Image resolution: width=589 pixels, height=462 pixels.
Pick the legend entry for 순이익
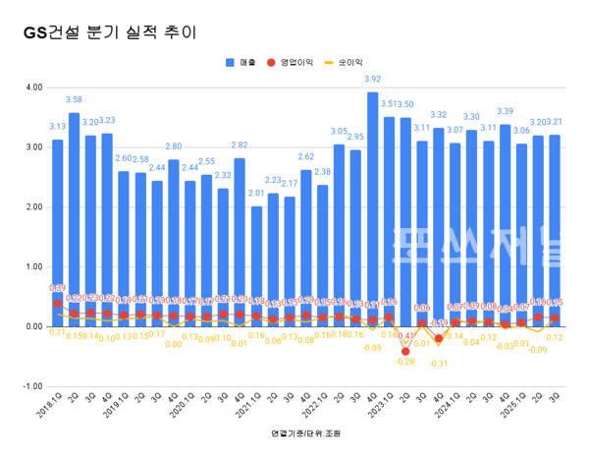(349, 62)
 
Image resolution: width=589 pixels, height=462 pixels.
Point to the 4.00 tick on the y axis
(32, 87)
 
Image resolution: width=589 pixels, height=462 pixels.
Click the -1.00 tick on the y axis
(30, 386)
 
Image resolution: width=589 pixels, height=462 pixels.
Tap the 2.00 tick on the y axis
(32, 207)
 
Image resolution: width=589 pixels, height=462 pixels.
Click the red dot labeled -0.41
(406, 351)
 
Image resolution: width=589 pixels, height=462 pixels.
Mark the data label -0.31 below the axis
(439, 364)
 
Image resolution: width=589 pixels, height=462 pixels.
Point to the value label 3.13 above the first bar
(57, 126)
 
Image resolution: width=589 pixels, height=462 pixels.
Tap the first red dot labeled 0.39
(57, 304)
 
